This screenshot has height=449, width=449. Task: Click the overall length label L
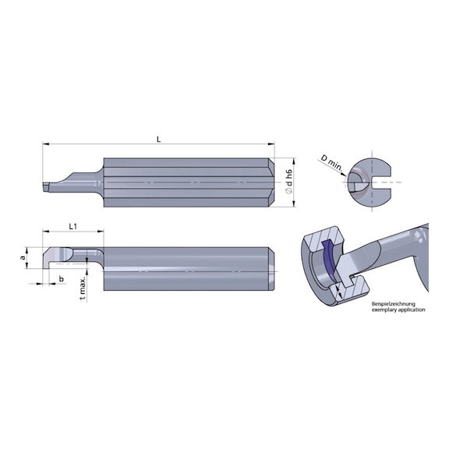158,139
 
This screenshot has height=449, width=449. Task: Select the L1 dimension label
72,226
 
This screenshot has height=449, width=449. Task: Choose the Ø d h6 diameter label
288,181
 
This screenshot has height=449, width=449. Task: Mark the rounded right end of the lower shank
270,268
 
